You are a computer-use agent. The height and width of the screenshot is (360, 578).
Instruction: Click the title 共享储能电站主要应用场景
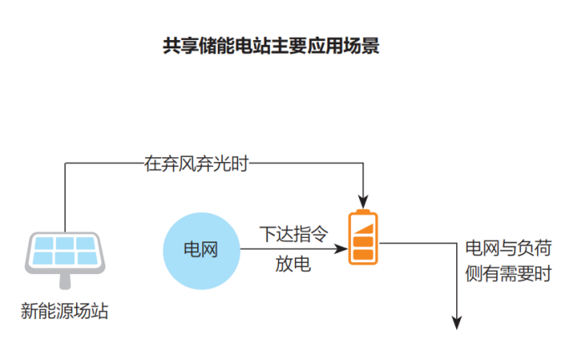(x=271, y=46)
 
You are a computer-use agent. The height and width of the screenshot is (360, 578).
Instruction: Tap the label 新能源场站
(x=65, y=312)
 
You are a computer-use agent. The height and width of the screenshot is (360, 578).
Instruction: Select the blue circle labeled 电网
(x=200, y=249)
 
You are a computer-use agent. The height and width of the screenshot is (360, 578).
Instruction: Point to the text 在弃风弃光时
(x=196, y=165)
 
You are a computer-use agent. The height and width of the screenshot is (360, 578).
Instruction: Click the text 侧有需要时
(x=508, y=273)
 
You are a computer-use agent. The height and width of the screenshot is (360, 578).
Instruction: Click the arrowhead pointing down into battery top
(x=363, y=201)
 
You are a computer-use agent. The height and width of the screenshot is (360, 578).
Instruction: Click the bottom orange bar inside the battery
(x=363, y=255)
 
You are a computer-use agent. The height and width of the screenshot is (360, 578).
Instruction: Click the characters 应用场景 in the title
(x=350, y=46)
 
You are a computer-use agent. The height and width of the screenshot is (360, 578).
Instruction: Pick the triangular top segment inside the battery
(x=366, y=228)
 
